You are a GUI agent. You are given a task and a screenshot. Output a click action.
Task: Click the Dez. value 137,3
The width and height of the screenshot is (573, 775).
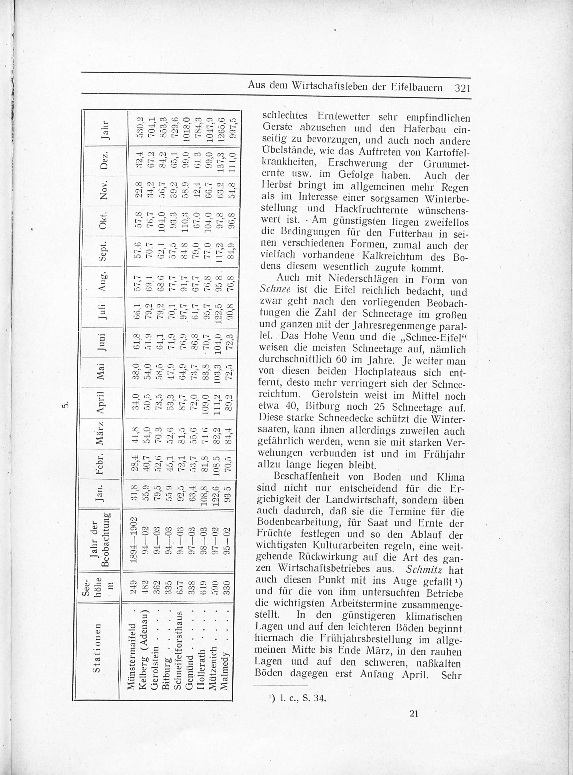pyautogui.click(x=223, y=158)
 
